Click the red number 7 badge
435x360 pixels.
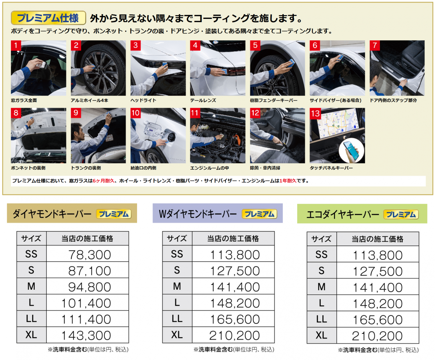[x=375, y=45]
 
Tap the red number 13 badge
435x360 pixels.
[x=315, y=113]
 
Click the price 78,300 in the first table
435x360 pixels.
[x=90, y=255]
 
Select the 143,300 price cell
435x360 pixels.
[x=87, y=335]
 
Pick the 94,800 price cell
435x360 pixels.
[x=87, y=286]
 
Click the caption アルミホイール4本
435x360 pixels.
[x=90, y=100]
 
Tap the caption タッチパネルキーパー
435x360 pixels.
[x=331, y=168]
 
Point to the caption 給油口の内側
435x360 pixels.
[x=143, y=168]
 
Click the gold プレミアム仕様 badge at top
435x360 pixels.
[x=48, y=18]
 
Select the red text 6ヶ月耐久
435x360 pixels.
[x=104, y=181]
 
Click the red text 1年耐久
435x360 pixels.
[x=288, y=181]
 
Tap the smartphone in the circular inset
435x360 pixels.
[x=352, y=150]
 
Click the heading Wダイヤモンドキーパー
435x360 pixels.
[x=198, y=214]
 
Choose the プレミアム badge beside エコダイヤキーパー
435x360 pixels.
[x=401, y=214]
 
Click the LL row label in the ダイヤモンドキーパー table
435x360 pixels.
[x=32, y=319]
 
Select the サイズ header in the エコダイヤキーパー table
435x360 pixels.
[x=322, y=239]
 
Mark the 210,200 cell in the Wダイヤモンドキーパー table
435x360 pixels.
[x=233, y=335]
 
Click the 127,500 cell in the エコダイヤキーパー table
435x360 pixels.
[x=377, y=270]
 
